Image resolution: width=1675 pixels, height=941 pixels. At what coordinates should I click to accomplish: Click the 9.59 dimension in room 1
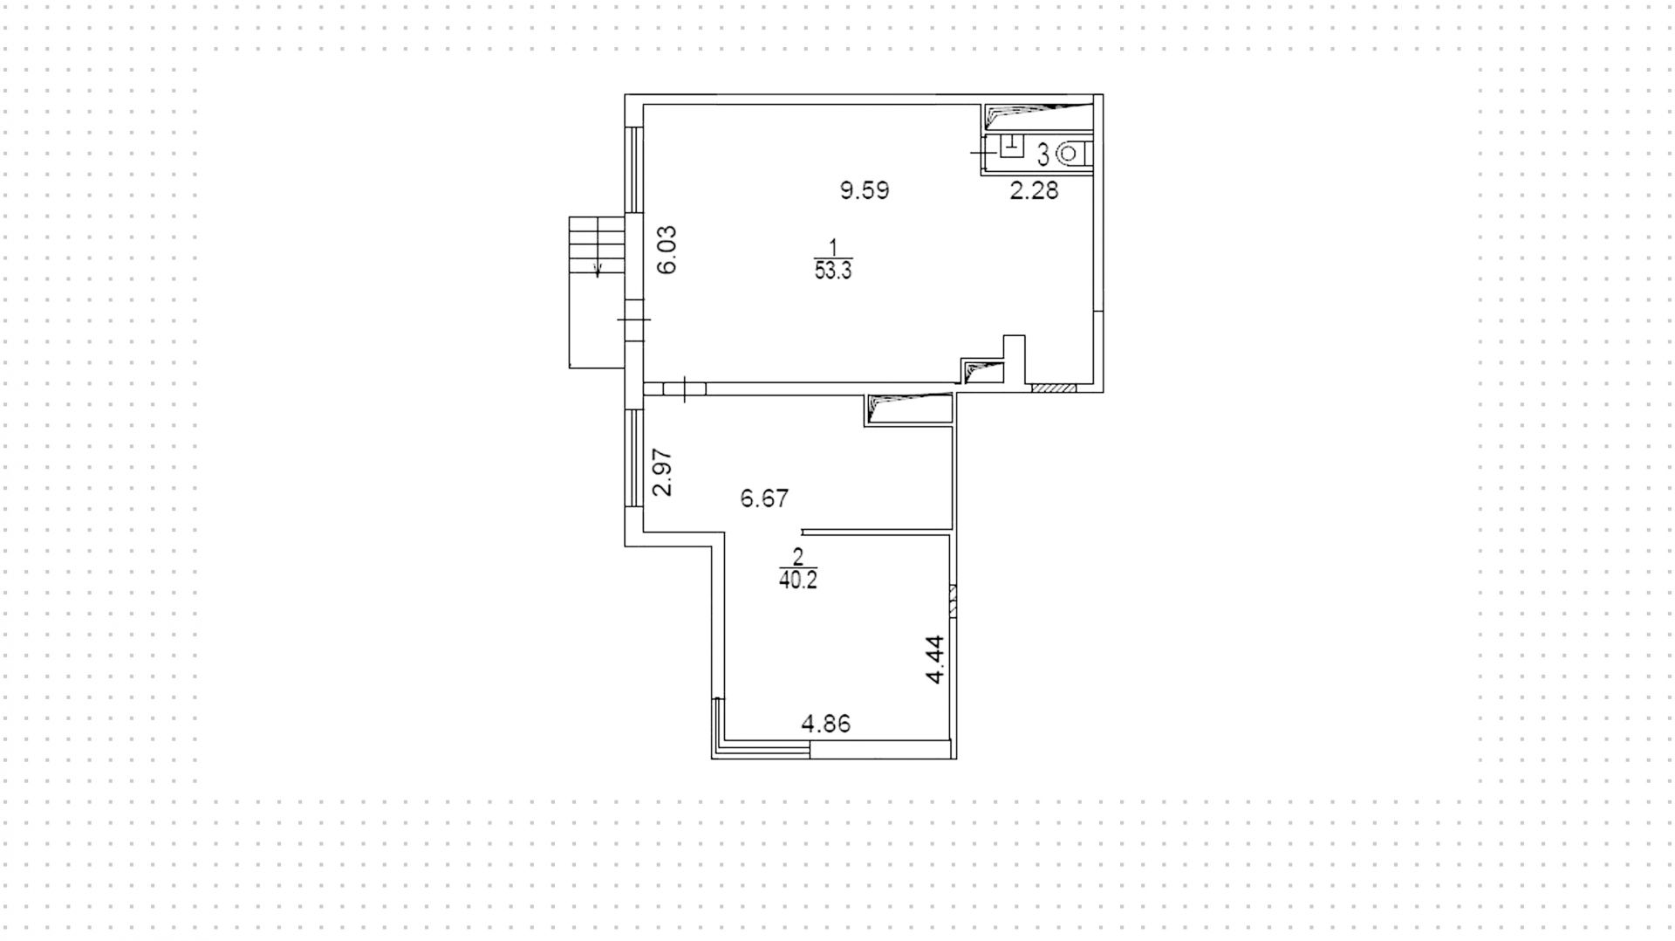[865, 190]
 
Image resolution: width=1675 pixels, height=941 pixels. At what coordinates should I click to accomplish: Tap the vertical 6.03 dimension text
[667, 250]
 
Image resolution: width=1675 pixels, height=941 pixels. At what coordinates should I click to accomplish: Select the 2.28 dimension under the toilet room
[1034, 190]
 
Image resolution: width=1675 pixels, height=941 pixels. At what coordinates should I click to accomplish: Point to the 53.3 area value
[833, 271]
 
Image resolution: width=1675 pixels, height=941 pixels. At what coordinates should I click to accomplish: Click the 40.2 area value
[798, 580]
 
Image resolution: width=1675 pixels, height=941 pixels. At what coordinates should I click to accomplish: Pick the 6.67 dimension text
[764, 498]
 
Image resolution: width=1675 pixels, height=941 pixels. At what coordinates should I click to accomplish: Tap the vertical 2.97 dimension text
[663, 472]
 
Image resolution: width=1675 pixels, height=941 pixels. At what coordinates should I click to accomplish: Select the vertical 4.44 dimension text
[934, 659]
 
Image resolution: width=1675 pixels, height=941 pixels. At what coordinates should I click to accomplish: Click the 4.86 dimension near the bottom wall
[825, 724]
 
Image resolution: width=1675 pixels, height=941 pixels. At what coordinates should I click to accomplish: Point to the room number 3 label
[1043, 156]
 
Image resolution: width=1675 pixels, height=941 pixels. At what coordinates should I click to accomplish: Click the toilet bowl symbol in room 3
[1070, 155]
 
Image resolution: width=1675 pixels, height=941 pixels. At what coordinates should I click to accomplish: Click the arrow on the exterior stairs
[598, 269]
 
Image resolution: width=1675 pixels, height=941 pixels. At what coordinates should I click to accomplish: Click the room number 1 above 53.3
[833, 247]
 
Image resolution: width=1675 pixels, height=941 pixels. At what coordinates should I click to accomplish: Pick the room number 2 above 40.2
[797, 556]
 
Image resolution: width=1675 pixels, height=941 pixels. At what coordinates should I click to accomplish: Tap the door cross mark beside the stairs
[634, 319]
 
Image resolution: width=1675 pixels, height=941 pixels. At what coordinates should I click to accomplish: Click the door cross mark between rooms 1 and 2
[686, 388]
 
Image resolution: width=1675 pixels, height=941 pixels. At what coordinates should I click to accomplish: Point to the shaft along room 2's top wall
[909, 409]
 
